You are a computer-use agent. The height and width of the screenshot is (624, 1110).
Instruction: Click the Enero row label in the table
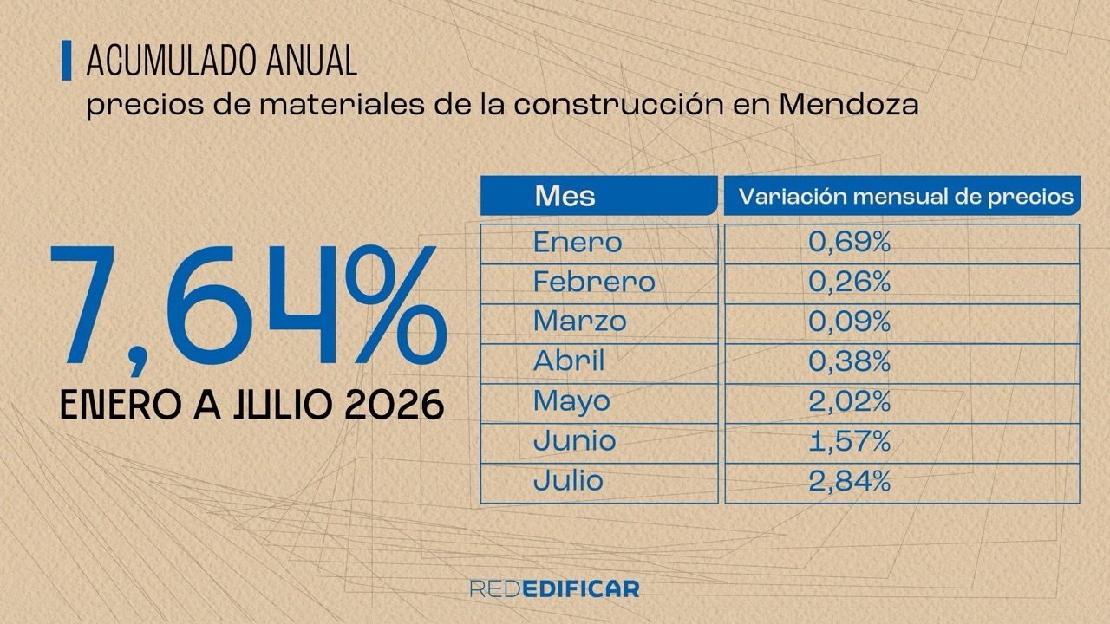[578, 242]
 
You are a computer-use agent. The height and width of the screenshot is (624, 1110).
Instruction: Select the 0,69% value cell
[849, 242]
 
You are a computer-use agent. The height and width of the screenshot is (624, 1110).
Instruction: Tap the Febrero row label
[594, 282]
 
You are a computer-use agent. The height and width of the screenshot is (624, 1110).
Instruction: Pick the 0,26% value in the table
[849, 282]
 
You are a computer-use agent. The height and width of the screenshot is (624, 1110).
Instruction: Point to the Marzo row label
[580, 322]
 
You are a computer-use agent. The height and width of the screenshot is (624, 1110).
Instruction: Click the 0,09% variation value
[849, 322]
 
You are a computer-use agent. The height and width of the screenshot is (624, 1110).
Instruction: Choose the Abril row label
[569, 361]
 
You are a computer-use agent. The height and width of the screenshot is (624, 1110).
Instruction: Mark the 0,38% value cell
[849, 361]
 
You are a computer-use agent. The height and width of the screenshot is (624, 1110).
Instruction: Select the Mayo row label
[571, 401]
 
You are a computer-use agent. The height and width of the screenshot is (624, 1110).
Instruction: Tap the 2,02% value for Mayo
[849, 401]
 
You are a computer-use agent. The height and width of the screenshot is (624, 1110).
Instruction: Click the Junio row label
[575, 441]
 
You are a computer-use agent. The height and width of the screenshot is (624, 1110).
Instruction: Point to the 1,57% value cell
[849, 441]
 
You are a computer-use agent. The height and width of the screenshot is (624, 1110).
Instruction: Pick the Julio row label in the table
[568, 480]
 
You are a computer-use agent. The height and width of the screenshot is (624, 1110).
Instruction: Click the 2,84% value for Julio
[849, 481]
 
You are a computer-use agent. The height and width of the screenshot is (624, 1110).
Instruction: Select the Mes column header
[565, 196]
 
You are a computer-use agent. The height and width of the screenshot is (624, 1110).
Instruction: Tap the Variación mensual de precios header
[906, 197]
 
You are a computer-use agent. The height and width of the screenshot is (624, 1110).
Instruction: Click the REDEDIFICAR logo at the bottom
[554, 588]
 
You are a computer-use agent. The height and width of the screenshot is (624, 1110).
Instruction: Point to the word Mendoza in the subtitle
[848, 105]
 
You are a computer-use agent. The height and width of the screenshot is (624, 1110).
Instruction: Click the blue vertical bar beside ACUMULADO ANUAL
[67, 61]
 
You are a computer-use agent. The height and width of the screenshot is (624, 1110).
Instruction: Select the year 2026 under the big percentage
[394, 405]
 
